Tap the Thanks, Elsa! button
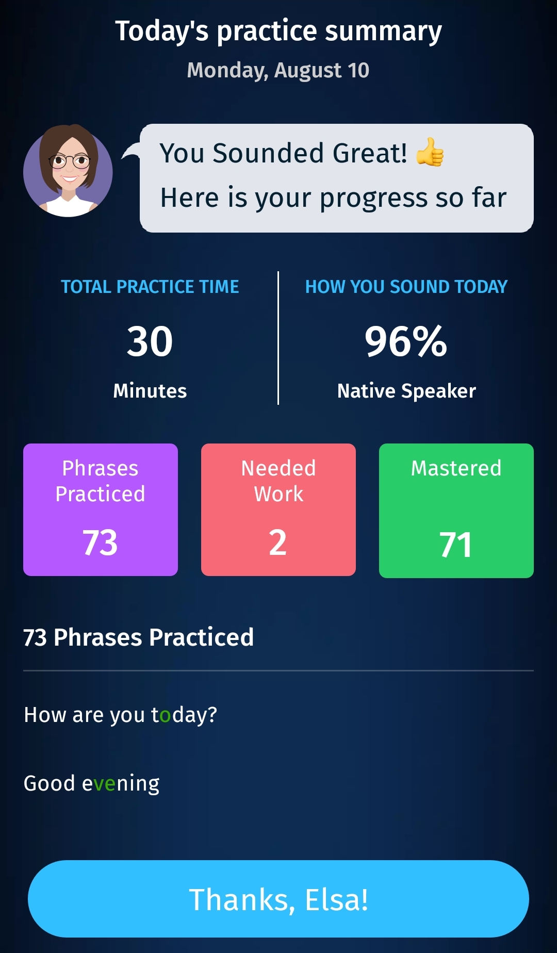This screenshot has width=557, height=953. [278, 899]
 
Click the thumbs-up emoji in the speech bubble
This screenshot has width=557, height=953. [430, 152]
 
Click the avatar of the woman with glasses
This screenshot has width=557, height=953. [68, 171]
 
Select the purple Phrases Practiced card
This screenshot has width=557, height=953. [101, 510]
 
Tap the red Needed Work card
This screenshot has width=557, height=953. [278, 510]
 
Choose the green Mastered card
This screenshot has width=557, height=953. [456, 511]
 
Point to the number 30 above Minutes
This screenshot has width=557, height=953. [150, 341]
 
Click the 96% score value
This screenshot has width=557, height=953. [406, 341]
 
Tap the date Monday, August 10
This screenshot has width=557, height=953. [278, 71]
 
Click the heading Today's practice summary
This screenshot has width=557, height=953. [278, 31]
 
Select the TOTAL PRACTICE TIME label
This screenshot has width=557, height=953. [150, 287]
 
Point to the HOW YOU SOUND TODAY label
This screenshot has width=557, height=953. [406, 287]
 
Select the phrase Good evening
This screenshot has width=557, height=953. [92, 784]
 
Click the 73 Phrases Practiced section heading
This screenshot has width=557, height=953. [139, 638]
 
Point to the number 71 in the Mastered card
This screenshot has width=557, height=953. [456, 545]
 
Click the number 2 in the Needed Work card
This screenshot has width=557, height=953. [278, 543]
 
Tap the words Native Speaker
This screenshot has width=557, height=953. [406, 391]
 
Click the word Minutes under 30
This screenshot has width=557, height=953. [150, 391]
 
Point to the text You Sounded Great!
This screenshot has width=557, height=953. [284, 153]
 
